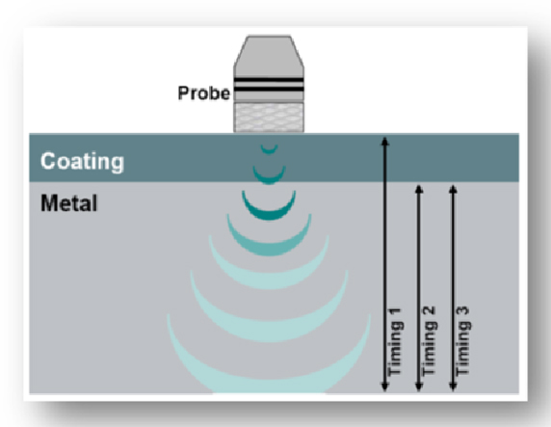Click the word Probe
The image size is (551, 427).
(x=204, y=93)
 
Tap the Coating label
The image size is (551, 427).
(x=82, y=161)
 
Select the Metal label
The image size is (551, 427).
(x=69, y=203)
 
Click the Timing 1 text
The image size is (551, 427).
(x=394, y=342)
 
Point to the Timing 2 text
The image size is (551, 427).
(x=429, y=341)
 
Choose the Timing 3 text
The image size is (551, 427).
(x=462, y=341)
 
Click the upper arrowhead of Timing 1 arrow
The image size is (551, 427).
(x=384, y=141)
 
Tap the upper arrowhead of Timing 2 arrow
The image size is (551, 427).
(x=418, y=189)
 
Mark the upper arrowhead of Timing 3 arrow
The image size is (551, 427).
(x=453, y=189)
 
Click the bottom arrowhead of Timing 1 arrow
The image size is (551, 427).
(x=384, y=387)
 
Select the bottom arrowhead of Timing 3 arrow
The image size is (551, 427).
(x=453, y=387)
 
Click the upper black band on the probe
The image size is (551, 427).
(x=269, y=80)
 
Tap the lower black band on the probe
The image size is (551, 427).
(x=269, y=89)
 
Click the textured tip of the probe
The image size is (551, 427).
(x=269, y=118)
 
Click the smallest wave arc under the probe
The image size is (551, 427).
(x=269, y=151)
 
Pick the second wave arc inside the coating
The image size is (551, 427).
(x=269, y=180)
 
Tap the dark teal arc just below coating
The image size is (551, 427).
(x=269, y=215)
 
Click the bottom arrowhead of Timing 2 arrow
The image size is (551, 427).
(x=418, y=387)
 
